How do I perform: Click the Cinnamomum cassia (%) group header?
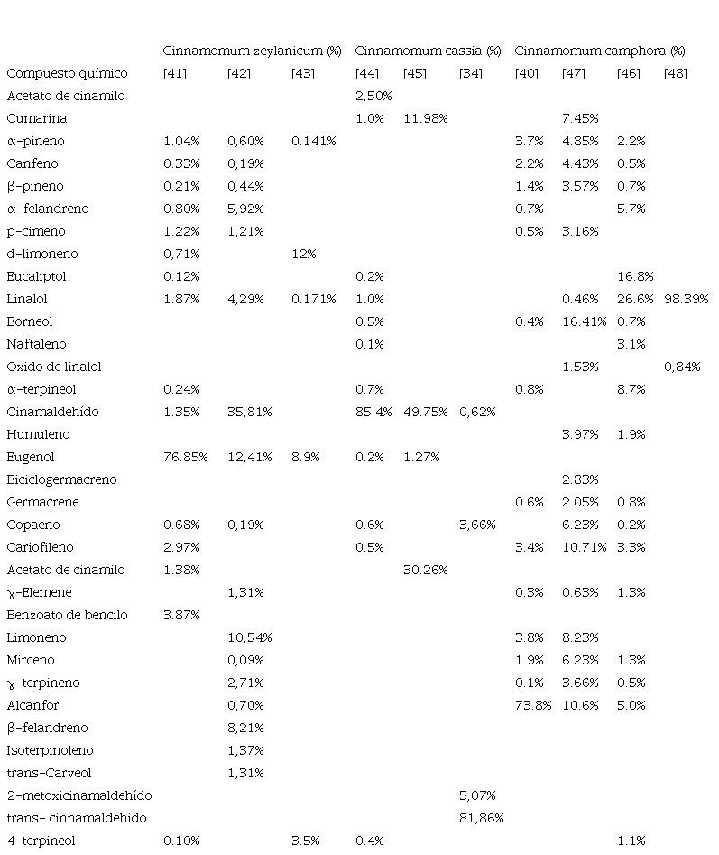tap(428, 51)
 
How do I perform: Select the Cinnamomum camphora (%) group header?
tap(600, 51)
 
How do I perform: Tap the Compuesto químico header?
tap(67, 74)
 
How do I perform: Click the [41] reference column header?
tap(175, 74)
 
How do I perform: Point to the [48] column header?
tap(676, 74)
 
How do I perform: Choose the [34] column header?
tap(471, 74)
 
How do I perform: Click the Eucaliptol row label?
tap(36, 276)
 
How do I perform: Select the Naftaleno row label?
tap(36, 344)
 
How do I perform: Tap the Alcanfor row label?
tap(32, 705)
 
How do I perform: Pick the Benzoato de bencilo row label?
tap(67, 615)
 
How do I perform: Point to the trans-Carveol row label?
tap(49, 773)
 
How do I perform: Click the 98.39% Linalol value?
tap(687, 300)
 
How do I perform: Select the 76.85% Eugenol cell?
tap(185, 457)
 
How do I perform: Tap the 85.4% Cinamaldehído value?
tap(373, 412)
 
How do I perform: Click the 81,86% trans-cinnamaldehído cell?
tap(482, 818)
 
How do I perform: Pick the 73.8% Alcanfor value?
tap(533, 705)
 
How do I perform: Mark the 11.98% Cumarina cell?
tap(426, 118)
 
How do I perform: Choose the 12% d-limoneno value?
tap(303, 254)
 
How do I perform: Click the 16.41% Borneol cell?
tap(584, 321)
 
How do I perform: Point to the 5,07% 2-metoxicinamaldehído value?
tap(477, 795)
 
